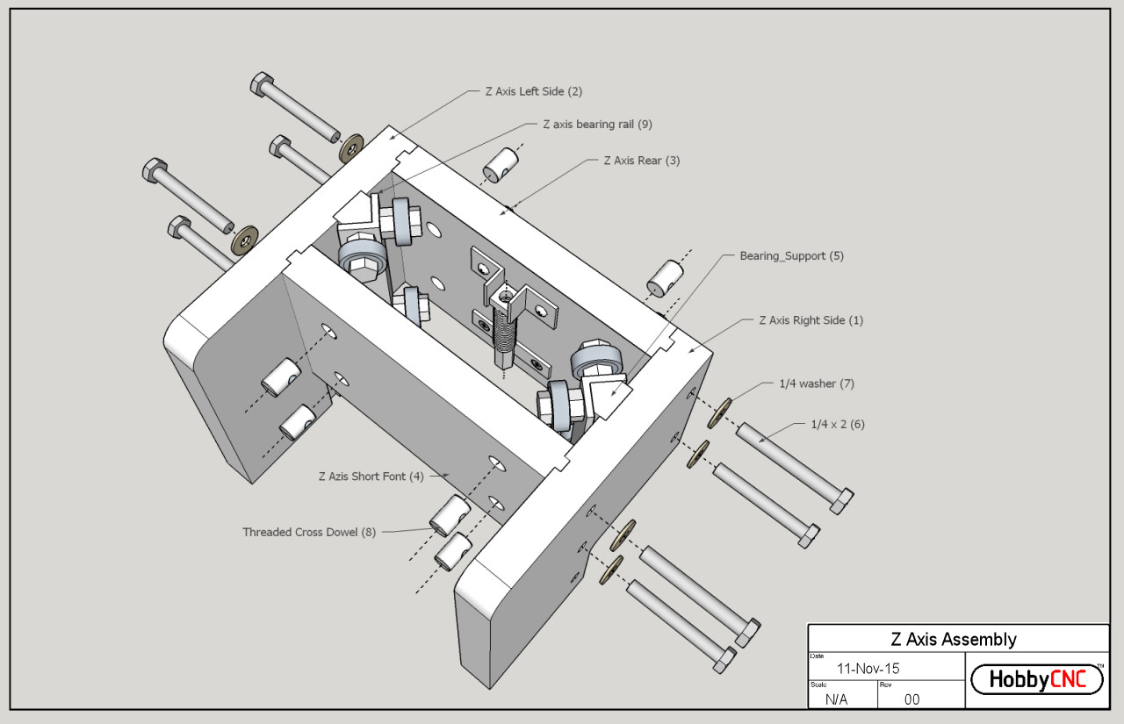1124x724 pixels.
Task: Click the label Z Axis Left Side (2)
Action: point(533,91)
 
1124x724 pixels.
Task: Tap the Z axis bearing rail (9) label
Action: point(597,125)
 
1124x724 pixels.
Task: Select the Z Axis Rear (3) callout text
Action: point(641,161)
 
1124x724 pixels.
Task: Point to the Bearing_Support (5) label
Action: point(791,256)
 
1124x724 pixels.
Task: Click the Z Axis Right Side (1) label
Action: point(811,320)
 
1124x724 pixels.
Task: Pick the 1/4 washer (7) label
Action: point(816,384)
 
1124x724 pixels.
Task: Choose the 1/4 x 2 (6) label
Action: point(838,425)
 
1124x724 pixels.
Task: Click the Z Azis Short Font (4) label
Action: point(371,477)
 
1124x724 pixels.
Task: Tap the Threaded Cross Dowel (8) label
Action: point(309,532)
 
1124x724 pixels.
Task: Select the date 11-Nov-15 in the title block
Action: point(868,669)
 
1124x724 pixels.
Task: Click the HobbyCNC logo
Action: point(1036,679)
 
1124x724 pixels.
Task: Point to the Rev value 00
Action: point(911,699)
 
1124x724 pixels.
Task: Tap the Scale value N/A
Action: point(837,699)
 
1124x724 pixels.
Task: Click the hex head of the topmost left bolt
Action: point(263,84)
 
